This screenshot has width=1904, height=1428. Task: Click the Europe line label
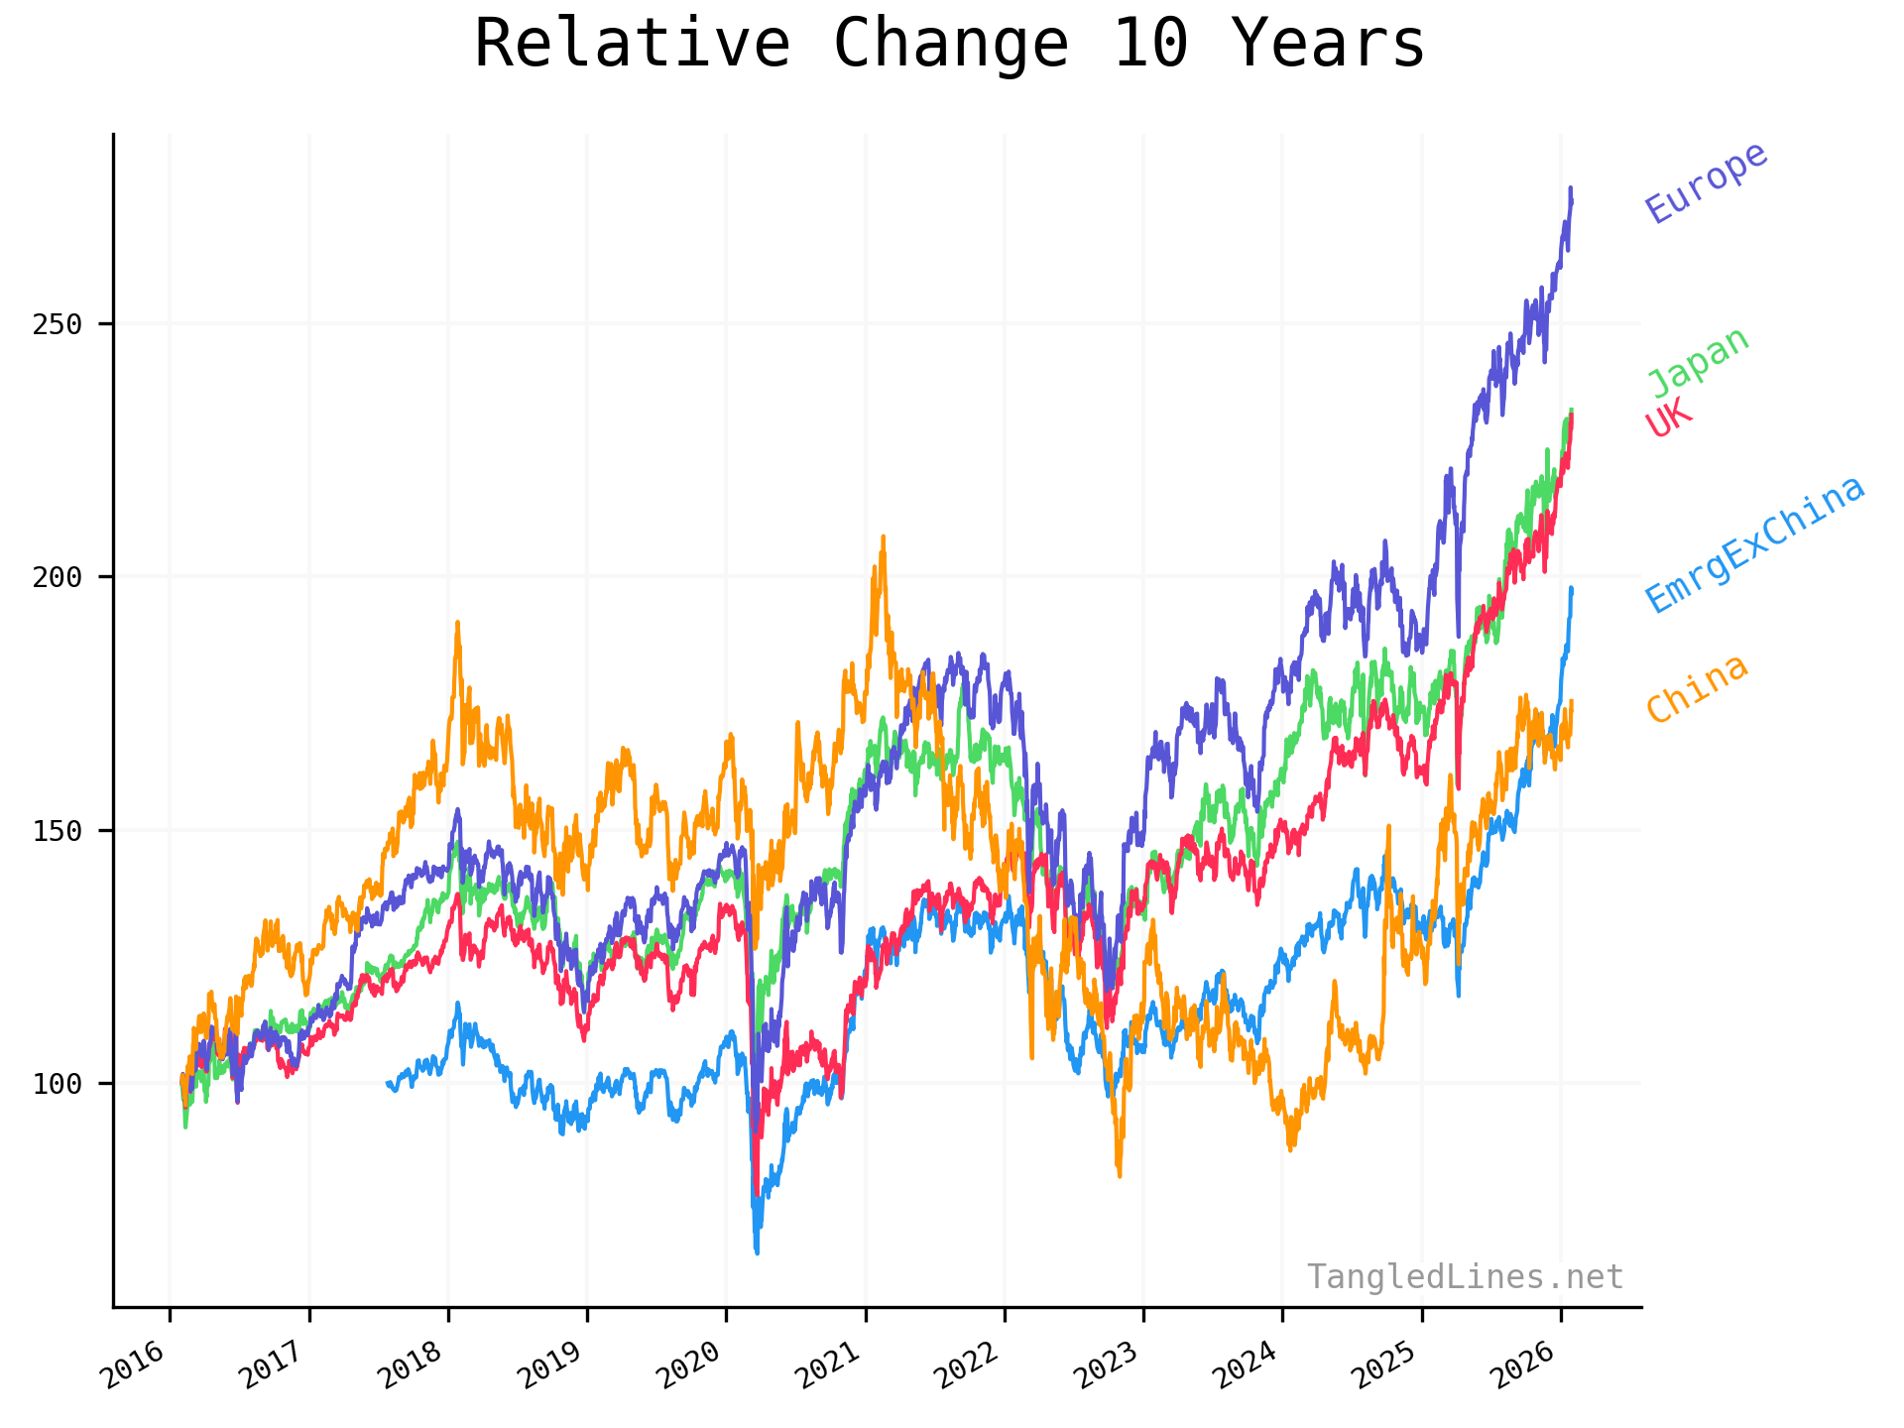[x=1706, y=182]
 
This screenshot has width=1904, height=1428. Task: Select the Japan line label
[x=1698, y=361]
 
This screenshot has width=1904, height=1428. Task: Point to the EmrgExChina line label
[x=1755, y=544]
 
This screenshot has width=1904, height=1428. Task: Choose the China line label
[x=1697, y=688]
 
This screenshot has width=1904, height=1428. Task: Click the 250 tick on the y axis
[x=57, y=324]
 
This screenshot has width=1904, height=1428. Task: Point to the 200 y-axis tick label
[x=57, y=577]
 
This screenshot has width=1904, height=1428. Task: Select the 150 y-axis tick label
[x=57, y=831]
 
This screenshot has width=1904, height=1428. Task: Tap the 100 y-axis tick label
[x=57, y=1084]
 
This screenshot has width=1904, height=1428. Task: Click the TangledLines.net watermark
[x=1465, y=1276]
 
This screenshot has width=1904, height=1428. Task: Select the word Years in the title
[x=1329, y=45]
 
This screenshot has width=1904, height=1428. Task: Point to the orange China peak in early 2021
[x=883, y=537]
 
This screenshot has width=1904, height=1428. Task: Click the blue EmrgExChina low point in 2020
[x=757, y=1252]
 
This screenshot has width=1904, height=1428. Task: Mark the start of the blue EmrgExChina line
[x=388, y=1083]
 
